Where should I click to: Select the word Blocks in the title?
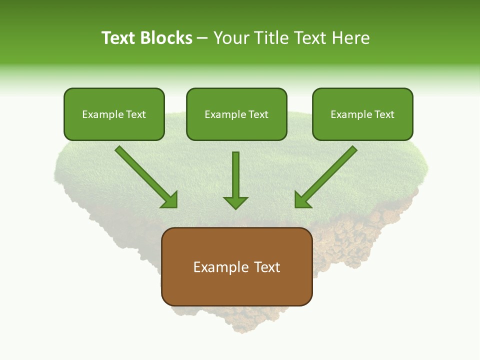(x=166, y=38)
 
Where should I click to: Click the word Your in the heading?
(x=231, y=38)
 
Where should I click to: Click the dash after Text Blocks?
(x=202, y=38)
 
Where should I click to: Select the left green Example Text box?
(x=114, y=114)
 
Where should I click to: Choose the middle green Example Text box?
(x=236, y=114)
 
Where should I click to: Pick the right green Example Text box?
(x=362, y=114)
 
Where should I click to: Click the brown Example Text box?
(x=236, y=266)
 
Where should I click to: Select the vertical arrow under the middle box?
(x=235, y=177)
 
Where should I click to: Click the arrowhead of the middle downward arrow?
(x=235, y=202)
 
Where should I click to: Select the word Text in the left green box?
(x=136, y=114)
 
